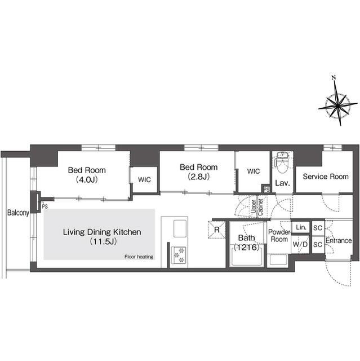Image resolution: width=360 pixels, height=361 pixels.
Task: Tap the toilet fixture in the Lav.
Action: click(283, 162)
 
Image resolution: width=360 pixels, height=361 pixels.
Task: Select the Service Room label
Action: click(326, 177)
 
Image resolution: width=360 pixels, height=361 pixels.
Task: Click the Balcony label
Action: click(18, 213)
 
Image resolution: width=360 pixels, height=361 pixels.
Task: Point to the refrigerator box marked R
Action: click(216, 230)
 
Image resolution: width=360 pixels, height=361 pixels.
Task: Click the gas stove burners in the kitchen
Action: click(179, 255)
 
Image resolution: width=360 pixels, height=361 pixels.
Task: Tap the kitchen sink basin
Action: click(180, 228)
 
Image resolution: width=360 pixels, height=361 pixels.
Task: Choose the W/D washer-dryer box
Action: click(300, 244)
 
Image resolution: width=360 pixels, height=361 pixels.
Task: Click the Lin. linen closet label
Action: click(301, 227)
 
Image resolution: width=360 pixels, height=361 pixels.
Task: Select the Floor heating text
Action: click(139, 257)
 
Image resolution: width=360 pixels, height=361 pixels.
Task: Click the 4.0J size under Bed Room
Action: click(87, 179)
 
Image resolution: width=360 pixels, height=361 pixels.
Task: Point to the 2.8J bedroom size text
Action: click(199, 177)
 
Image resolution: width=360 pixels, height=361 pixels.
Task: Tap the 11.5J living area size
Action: click(103, 241)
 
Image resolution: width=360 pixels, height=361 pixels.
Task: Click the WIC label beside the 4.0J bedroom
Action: click(144, 179)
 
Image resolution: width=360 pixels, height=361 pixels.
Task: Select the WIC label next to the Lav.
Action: click(254, 171)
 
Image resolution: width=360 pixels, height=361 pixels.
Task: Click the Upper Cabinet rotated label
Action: click(257, 208)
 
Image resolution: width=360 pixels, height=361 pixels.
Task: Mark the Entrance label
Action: click(339, 241)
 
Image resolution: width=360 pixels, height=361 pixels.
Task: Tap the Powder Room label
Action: click(279, 235)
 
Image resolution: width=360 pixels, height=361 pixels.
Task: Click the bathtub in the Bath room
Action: click(246, 256)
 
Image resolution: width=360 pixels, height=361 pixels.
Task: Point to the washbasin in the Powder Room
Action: click(278, 260)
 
